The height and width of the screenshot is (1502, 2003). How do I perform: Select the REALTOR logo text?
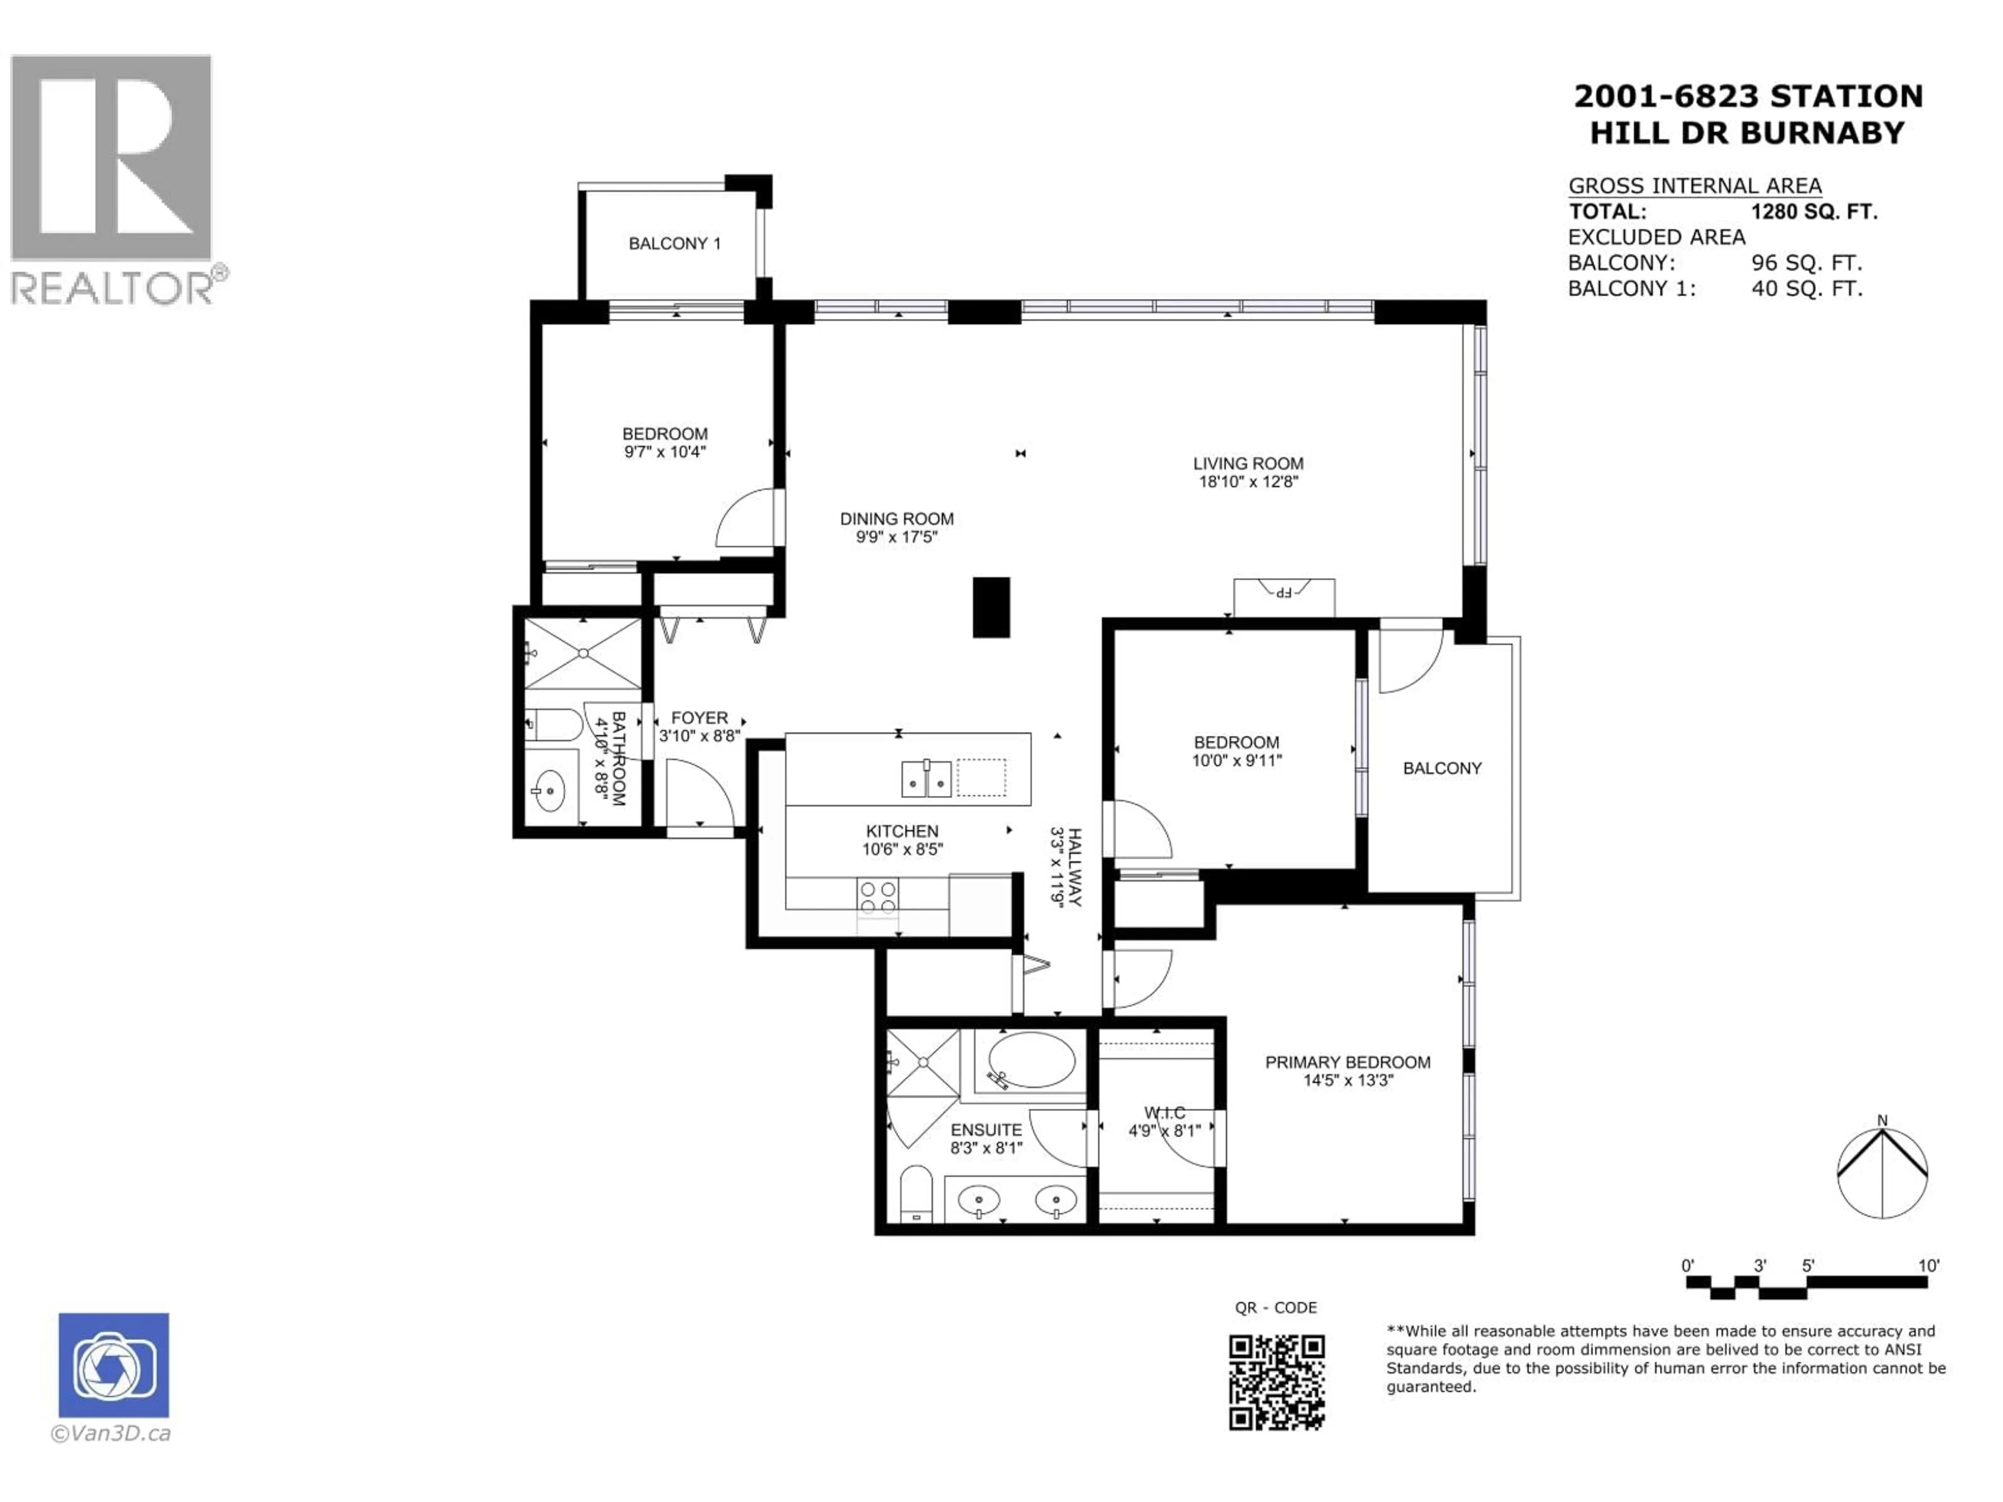113,288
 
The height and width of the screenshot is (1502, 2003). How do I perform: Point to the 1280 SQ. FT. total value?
1814,212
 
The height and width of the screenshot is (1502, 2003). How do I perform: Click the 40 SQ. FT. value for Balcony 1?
1806,289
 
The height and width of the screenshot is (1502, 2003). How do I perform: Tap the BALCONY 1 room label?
674,244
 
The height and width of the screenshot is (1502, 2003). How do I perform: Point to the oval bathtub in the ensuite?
1031,1059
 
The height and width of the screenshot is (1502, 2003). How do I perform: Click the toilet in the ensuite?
916,1193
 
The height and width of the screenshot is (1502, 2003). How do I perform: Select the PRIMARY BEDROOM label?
1347,1062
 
